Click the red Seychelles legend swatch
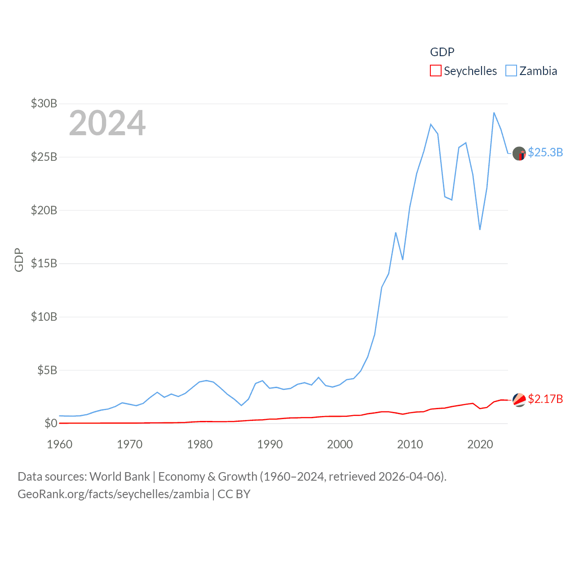pyautogui.click(x=435, y=71)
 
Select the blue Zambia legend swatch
pyautogui.click(x=511, y=71)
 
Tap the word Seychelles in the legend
pyautogui.click(x=470, y=71)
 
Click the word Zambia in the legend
pyautogui.click(x=538, y=71)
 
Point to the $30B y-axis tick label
pyautogui.click(x=44, y=103)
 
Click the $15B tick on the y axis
pyautogui.click(x=44, y=263)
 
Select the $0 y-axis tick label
pyautogui.click(x=51, y=423)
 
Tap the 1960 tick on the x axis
pyautogui.click(x=59, y=444)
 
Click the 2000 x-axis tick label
pyautogui.click(x=340, y=444)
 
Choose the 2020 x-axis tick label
pyautogui.click(x=480, y=444)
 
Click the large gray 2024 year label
pyautogui.click(x=107, y=123)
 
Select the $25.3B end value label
pyautogui.click(x=545, y=152)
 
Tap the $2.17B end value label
pyautogui.click(x=545, y=399)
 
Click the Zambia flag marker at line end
pyautogui.click(x=519, y=154)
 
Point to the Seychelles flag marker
pyautogui.click(x=519, y=400)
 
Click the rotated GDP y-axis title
pyautogui.click(x=19, y=260)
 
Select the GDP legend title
pyautogui.click(x=442, y=52)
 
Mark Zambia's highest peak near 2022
pyautogui.click(x=494, y=113)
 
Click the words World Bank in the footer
pyautogui.click(x=119, y=476)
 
